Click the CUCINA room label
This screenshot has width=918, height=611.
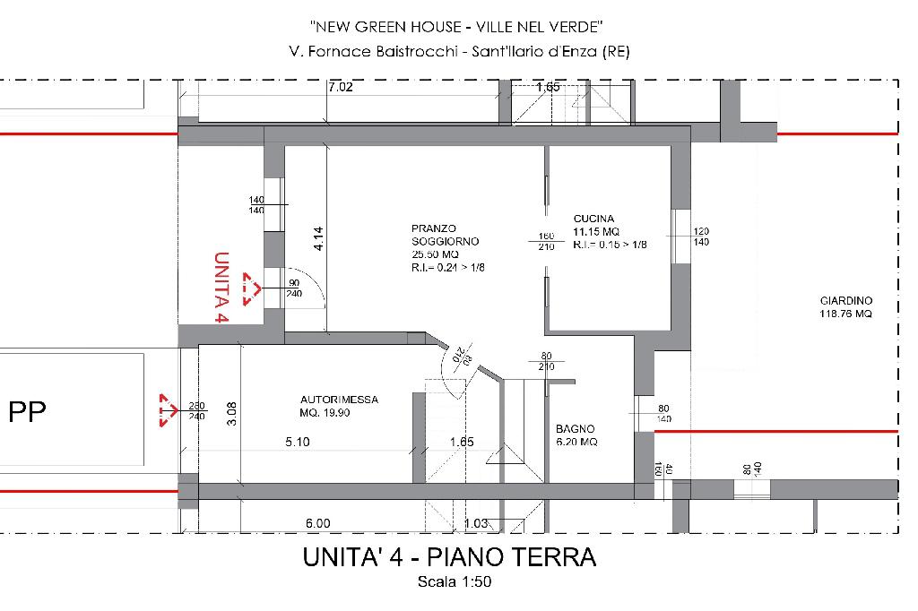[x=593, y=219]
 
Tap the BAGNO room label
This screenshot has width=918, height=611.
[x=575, y=429]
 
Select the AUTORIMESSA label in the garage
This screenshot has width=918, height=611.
[x=339, y=400]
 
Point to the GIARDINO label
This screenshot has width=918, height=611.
[x=846, y=301]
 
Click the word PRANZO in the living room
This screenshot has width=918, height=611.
[x=433, y=228]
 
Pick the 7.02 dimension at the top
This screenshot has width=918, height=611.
[x=340, y=87]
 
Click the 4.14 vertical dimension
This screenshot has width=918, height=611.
[x=318, y=239]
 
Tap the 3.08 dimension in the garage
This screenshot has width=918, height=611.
[x=231, y=413]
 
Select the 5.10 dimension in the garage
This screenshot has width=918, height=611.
[x=298, y=442]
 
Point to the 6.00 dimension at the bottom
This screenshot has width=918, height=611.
[x=318, y=523]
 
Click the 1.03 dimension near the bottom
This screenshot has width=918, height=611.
[x=476, y=523]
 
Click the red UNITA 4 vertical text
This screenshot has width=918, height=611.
[x=221, y=288]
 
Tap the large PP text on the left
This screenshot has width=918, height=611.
[x=27, y=412]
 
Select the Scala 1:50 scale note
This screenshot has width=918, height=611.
[x=455, y=581]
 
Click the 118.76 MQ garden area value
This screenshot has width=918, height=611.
[x=845, y=314]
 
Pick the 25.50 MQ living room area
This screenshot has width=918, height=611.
[x=435, y=254]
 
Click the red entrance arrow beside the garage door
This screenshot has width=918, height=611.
[x=169, y=410]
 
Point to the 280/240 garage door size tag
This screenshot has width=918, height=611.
[x=196, y=411]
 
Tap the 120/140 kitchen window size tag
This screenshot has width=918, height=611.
[x=701, y=237]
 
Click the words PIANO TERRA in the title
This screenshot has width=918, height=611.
[x=512, y=557]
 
